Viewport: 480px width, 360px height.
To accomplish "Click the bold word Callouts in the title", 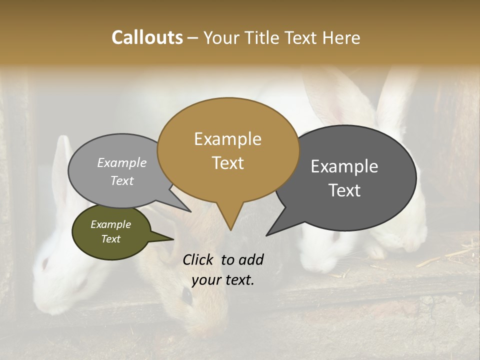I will [147, 37].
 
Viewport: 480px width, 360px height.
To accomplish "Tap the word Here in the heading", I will [340, 37].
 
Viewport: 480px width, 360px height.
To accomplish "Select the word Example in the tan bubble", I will [227, 139].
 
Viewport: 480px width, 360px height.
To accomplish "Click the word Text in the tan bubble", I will [227, 163].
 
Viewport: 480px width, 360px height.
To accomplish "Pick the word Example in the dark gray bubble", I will [344, 166].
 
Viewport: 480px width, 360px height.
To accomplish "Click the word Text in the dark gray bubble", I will [344, 190].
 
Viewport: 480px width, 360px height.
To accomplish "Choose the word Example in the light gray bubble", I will [121, 162].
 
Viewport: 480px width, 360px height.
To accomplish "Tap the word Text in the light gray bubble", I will [121, 180].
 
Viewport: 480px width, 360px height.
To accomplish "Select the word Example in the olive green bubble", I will [110, 224].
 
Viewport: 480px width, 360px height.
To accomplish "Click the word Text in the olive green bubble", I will [110, 239].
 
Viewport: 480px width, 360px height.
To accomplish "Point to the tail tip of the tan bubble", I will [230, 229].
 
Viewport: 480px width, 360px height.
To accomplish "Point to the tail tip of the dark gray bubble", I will [267, 235].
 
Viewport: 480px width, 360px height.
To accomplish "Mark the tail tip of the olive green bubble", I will [173, 239].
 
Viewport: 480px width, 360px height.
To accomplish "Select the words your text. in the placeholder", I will [223, 280].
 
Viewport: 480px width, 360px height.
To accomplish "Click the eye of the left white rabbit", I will [44, 262].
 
